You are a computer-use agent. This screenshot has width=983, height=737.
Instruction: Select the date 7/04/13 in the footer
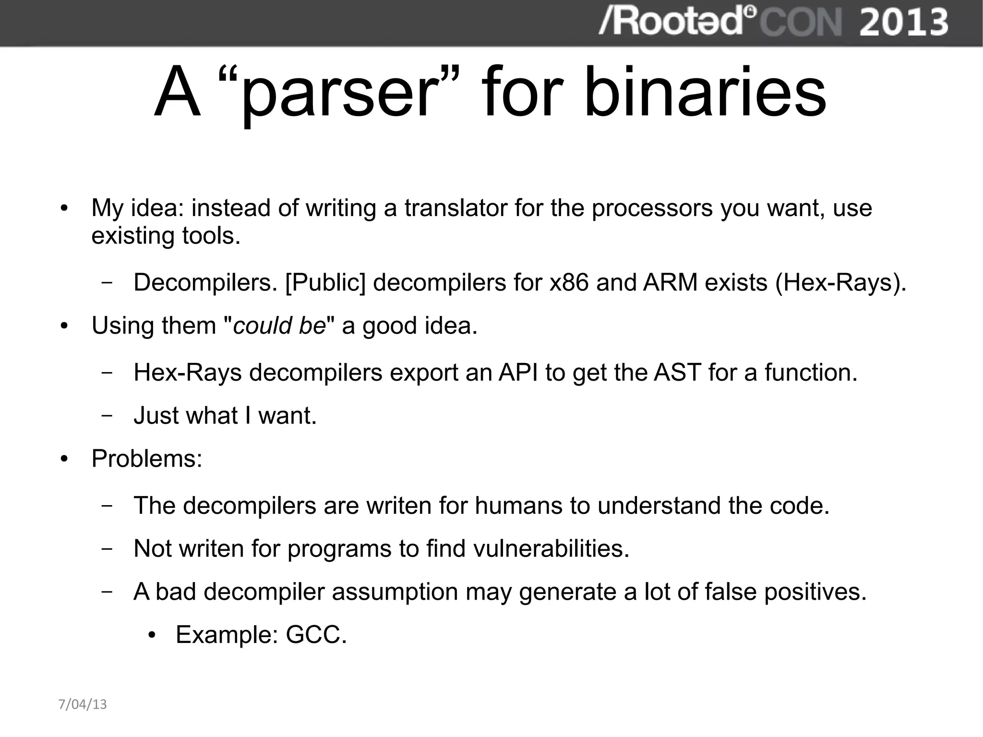pos(83,704)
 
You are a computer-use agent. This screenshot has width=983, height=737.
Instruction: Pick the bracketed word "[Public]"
pos(325,282)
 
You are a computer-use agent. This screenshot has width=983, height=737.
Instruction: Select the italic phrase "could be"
pos(279,326)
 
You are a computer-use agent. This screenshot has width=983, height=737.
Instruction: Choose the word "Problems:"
pos(147,459)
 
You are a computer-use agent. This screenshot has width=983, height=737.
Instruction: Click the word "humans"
pos(518,506)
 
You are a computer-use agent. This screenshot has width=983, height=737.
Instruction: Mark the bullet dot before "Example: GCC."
pos(152,636)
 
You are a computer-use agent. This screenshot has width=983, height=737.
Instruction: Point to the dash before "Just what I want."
pos(108,416)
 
